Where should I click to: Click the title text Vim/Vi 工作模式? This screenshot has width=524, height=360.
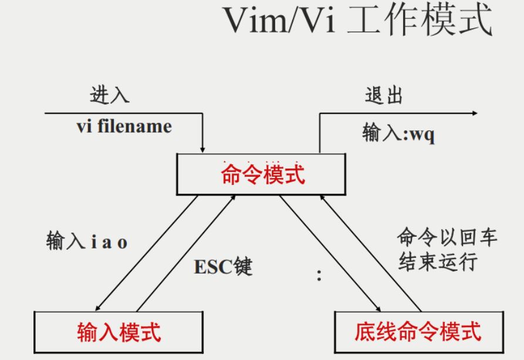[x=357, y=22]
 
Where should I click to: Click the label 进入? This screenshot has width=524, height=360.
[x=110, y=96]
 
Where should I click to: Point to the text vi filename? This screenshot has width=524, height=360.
[x=125, y=127]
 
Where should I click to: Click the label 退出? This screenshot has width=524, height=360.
[x=384, y=96]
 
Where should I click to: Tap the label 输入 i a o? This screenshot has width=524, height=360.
[x=87, y=243]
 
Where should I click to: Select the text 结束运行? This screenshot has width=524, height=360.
[x=438, y=261]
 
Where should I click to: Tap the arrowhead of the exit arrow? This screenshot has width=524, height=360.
[x=474, y=113]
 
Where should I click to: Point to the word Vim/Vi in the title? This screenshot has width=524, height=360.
[x=278, y=22]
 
